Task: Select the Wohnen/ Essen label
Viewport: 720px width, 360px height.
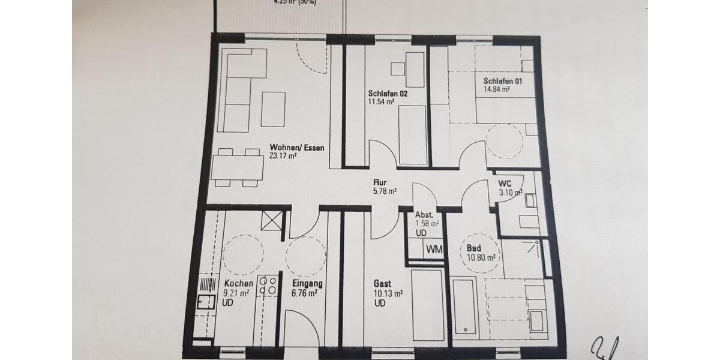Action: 292,148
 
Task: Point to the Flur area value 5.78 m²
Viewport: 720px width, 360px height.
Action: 385,191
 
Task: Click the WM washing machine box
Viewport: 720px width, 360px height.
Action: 434,248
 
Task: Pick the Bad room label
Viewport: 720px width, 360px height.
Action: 473,248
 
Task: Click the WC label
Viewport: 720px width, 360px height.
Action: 505,183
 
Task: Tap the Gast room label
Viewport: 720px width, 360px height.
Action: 382,284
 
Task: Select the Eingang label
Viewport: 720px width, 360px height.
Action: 307,284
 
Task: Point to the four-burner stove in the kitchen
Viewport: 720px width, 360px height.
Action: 267,285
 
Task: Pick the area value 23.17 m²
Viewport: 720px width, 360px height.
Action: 284,156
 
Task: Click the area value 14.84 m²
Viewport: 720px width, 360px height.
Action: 497,90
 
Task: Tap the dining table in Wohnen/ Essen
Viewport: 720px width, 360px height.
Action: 238,167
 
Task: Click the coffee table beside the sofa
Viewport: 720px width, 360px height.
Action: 273,109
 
